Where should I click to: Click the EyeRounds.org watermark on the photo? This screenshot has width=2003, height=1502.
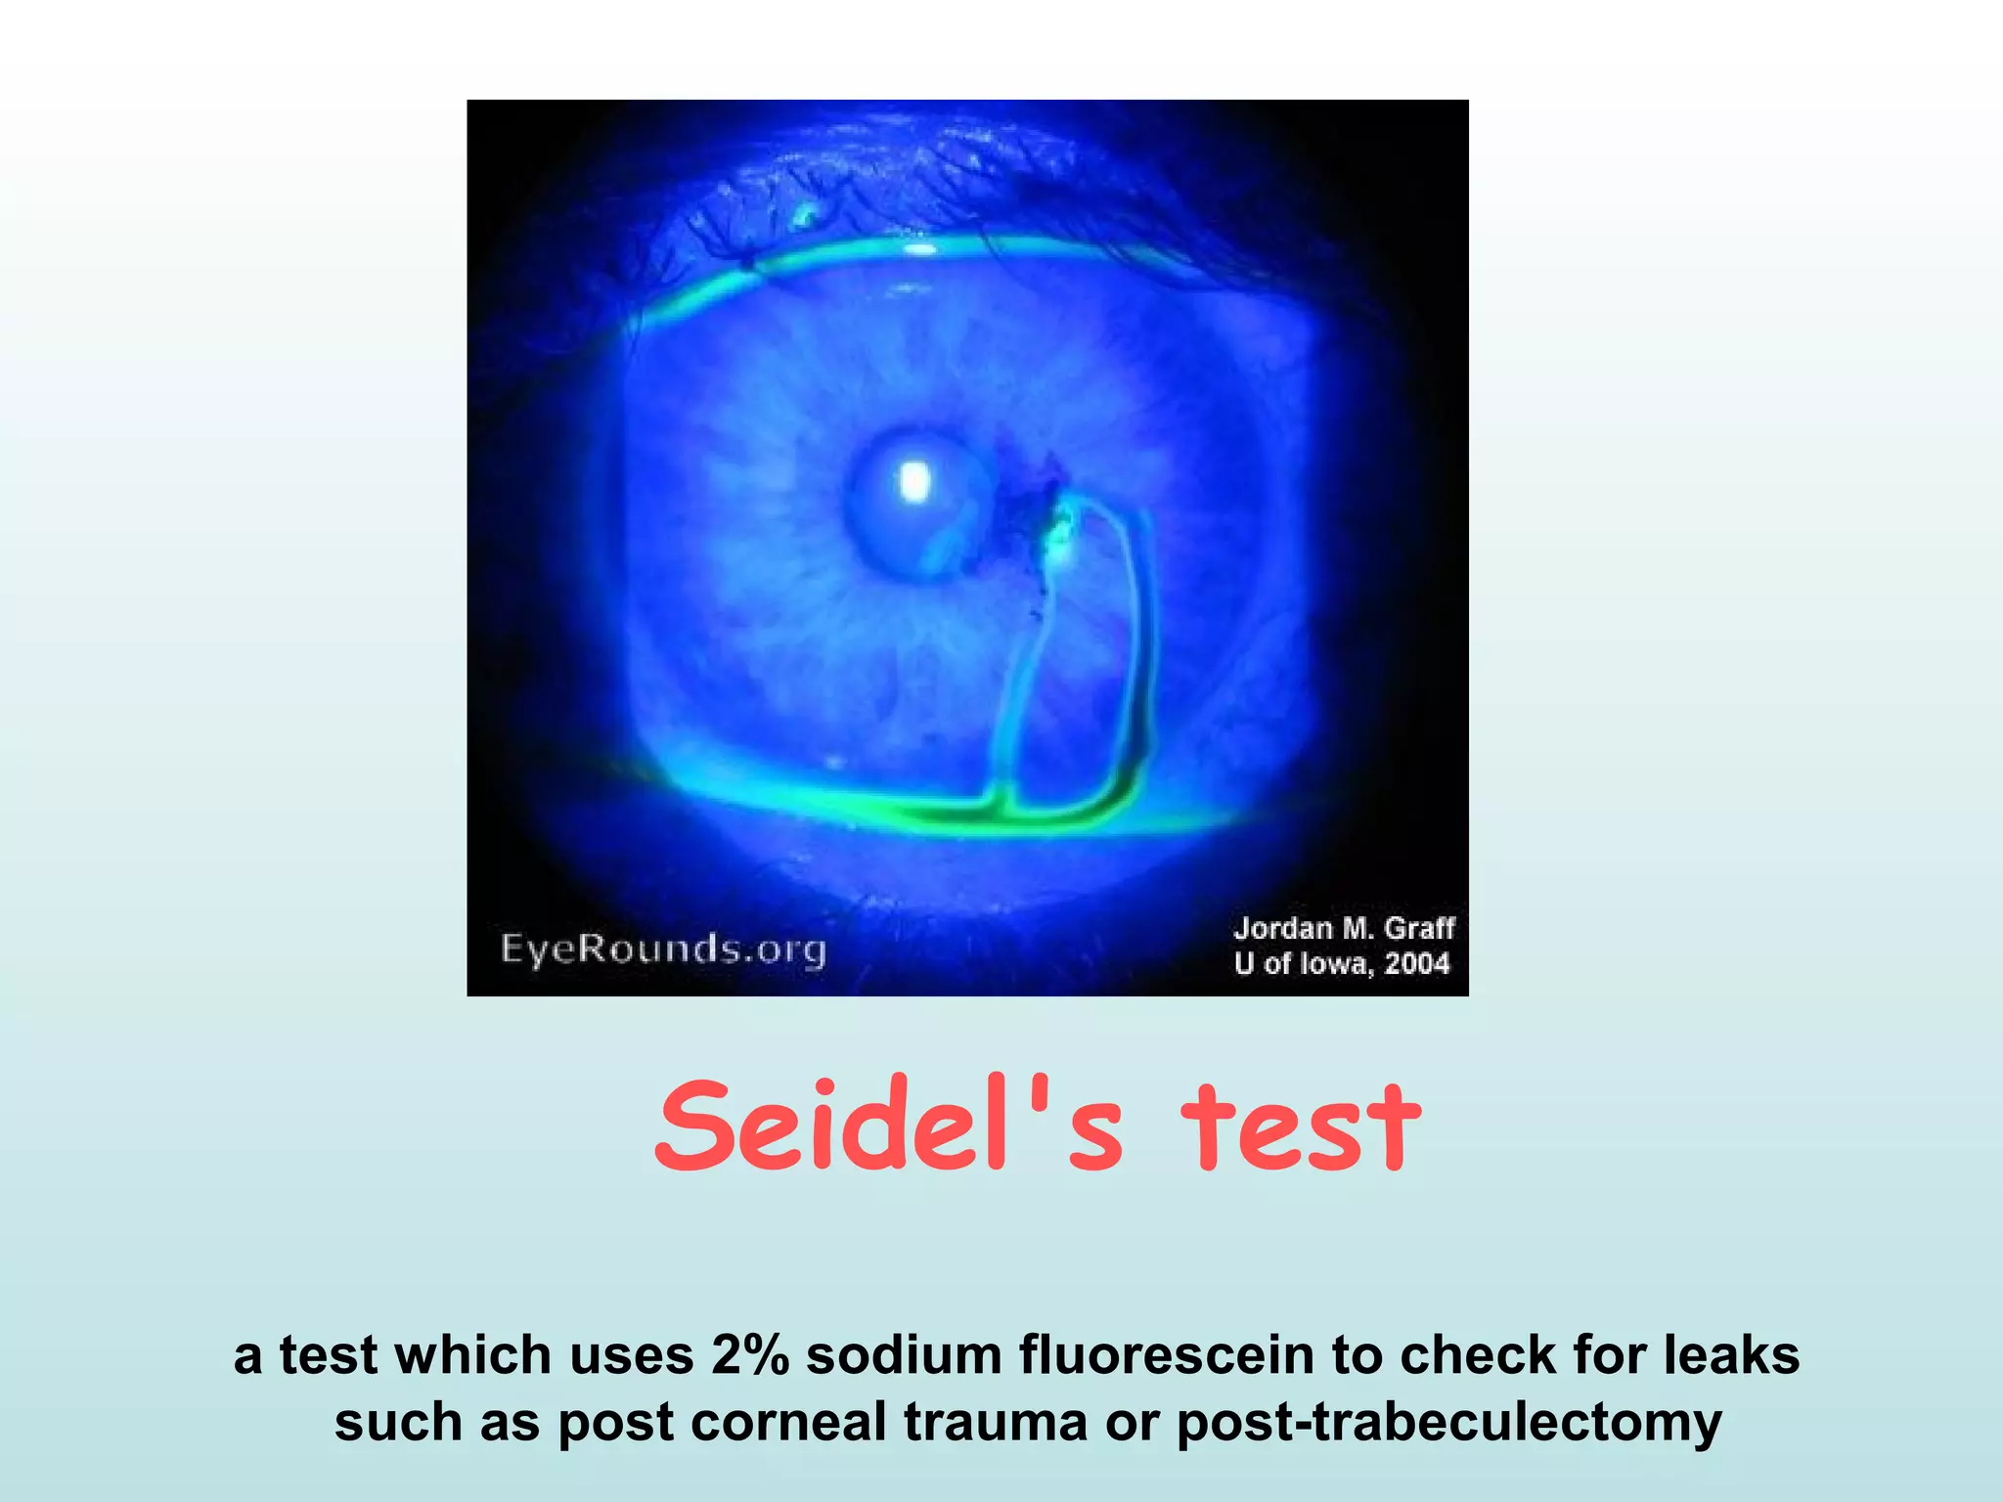point(663,949)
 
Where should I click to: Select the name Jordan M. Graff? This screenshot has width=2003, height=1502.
point(1344,928)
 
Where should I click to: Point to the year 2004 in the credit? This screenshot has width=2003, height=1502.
point(1416,964)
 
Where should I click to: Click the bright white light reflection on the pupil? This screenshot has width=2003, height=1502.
point(914,481)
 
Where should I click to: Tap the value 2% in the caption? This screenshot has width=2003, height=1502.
point(749,1356)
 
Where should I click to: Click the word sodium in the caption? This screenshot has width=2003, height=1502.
point(902,1356)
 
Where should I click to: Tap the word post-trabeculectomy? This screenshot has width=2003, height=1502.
point(1448,1424)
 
